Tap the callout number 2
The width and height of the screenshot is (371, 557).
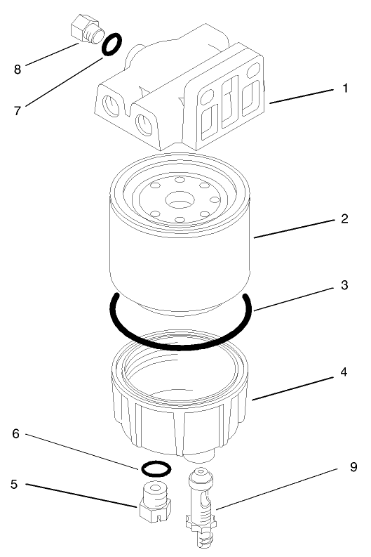pos(344,219)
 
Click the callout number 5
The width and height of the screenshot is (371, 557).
pos(14,484)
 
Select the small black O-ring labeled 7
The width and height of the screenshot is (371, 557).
pos(110,46)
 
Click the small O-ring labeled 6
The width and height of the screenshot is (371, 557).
pos(154,467)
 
